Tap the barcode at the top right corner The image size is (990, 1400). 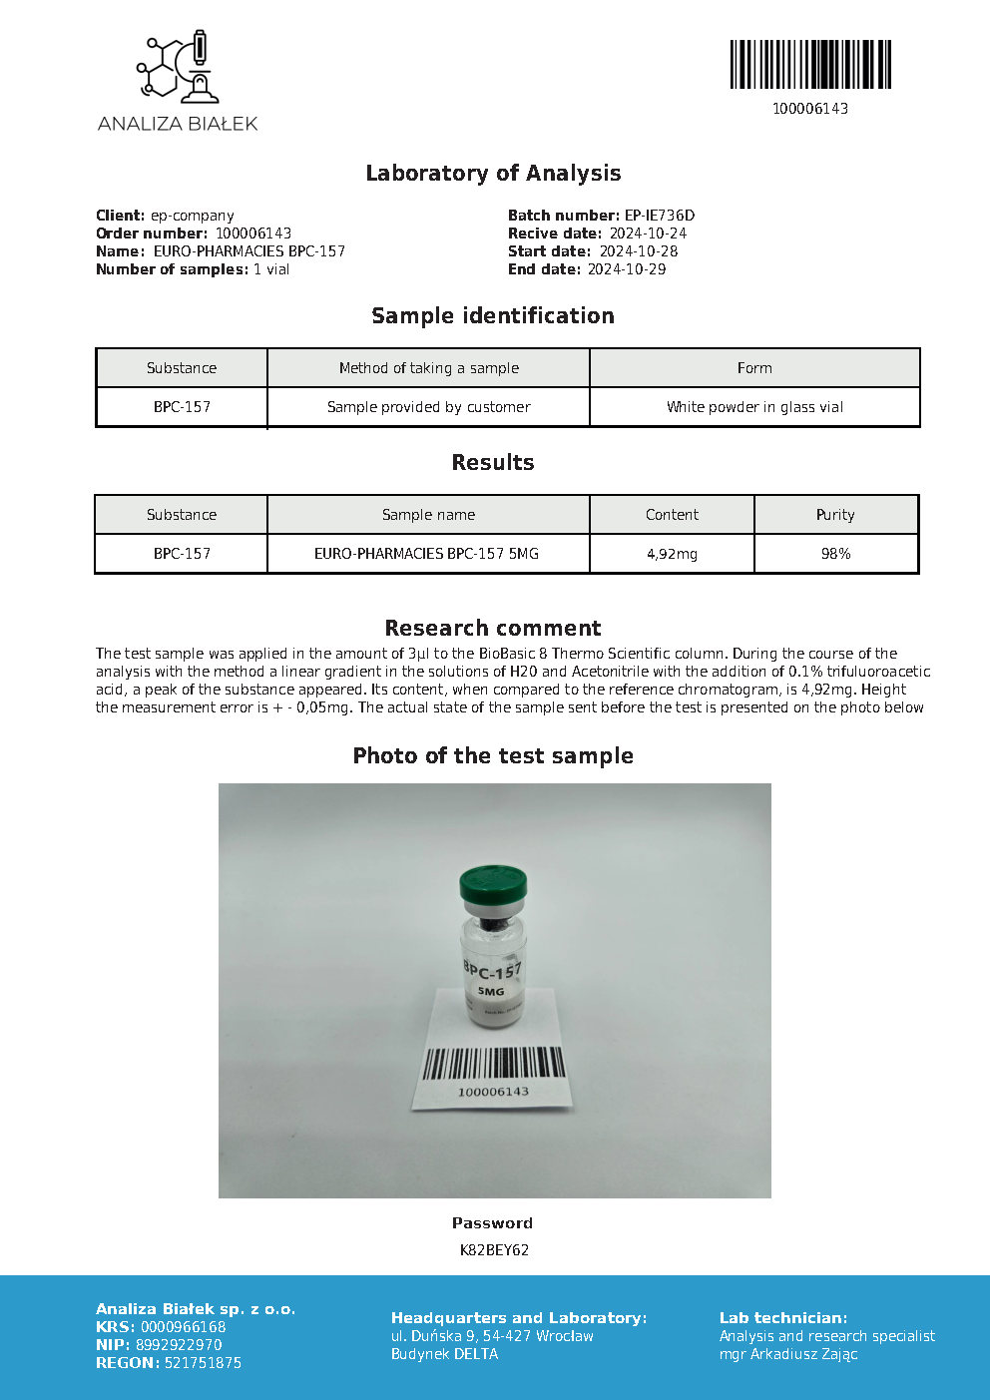(809, 65)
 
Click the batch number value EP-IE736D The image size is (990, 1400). (659, 216)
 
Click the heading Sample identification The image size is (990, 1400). (493, 316)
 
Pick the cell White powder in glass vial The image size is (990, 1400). (754, 407)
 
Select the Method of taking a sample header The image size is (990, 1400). (428, 368)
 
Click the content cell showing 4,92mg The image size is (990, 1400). (672, 554)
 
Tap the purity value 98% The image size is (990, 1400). (835, 554)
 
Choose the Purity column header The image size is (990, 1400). (835, 515)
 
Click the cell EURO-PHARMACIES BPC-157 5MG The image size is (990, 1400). (426, 554)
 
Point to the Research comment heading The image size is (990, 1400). (493, 629)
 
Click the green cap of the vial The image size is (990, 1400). (493, 884)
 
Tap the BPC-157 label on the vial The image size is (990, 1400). (492, 971)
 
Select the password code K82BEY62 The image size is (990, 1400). (494, 1250)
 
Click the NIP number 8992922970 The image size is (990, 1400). (179, 1345)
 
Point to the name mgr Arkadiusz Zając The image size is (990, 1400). (788, 1354)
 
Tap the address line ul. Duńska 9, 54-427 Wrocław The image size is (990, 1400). (492, 1336)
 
